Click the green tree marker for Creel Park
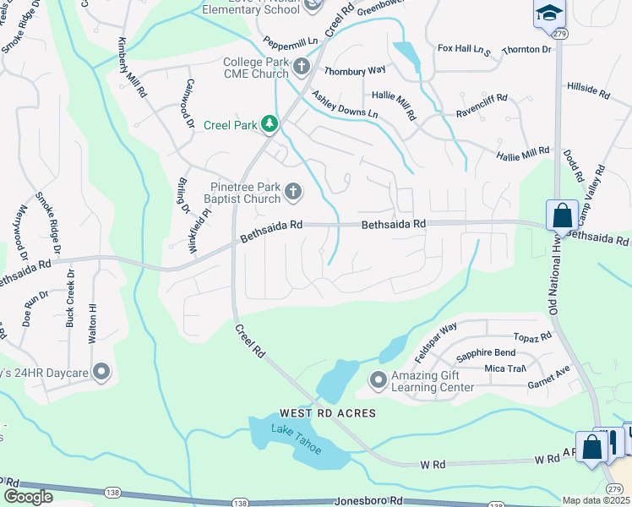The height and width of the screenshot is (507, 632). tap(270, 125)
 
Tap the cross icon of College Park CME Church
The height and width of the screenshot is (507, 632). tap(302, 66)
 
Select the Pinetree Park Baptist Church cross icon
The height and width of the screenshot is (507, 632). tap(293, 192)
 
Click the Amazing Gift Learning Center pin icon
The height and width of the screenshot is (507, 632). tap(377, 380)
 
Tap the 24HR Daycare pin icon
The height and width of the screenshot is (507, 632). tap(101, 372)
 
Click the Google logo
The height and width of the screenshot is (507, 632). tap(28, 496)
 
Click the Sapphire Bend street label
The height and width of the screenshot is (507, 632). tap(486, 352)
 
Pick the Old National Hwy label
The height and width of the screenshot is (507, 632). tap(555, 272)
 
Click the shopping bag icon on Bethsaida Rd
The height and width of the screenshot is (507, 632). tap(562, 215)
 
